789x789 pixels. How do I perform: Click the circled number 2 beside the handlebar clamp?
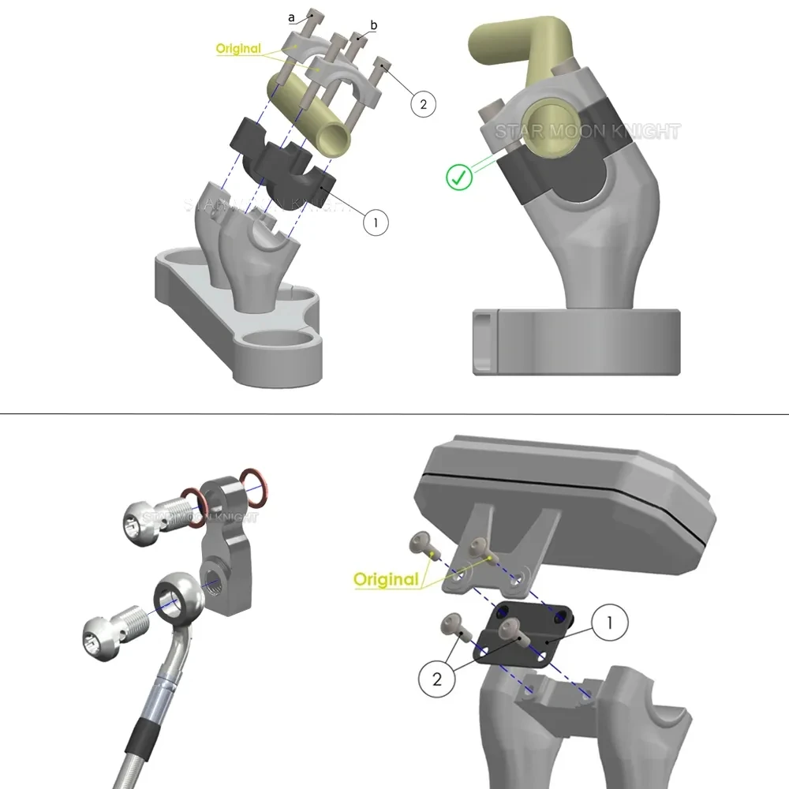pos(423,104)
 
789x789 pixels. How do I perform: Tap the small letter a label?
pos(291,16)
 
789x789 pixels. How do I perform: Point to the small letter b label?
pos(373,26)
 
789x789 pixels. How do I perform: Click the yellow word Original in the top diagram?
pos(238,49)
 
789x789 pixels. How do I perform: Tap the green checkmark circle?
pos(458,177)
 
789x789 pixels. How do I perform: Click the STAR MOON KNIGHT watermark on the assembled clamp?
pos(588,132)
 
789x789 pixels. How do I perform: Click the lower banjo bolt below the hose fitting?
pos(110,636)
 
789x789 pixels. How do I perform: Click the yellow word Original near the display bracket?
pos(386,580)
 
